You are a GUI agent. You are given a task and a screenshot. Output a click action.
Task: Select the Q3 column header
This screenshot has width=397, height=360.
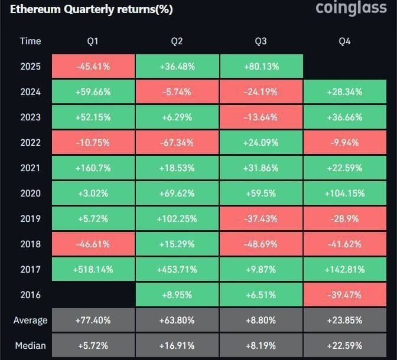(261, 41)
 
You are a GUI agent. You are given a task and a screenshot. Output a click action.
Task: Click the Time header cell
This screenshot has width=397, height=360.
(30, 41)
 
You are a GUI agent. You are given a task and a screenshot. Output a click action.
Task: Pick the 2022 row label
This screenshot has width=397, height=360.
(30, 142)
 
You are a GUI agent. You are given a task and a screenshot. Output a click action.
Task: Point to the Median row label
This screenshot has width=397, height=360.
(30, 345)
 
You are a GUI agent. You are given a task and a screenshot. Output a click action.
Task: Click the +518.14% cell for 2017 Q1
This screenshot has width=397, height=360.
(93, 269)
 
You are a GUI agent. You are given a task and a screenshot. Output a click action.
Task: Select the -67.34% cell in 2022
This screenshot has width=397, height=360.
(177, 142)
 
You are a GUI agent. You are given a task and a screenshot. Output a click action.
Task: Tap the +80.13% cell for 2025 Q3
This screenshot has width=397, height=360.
(261, 66)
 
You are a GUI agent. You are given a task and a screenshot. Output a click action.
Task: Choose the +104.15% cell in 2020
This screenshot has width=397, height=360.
(346, 193)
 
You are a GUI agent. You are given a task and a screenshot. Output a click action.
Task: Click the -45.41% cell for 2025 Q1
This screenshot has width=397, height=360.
(93, 66)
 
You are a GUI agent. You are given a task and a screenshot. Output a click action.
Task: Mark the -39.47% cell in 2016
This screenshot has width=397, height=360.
(346, 294)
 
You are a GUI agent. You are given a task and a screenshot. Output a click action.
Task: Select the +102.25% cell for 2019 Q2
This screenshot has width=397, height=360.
(177, 218)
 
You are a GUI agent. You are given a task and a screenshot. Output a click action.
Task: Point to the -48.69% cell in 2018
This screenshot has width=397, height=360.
(261, 244)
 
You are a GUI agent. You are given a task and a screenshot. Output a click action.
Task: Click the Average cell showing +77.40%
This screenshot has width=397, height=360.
(93, 320)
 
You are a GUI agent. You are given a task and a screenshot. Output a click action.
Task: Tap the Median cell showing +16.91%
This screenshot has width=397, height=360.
(177, 345)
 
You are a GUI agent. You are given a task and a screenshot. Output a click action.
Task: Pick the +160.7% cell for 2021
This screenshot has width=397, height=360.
(93, 168)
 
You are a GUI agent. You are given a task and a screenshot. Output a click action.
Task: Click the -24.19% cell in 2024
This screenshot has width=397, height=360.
(261, 91)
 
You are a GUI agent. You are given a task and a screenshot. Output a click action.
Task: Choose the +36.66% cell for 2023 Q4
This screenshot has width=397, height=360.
(346, 117)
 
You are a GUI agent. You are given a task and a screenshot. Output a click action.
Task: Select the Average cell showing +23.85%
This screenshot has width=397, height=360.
(346, 320)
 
